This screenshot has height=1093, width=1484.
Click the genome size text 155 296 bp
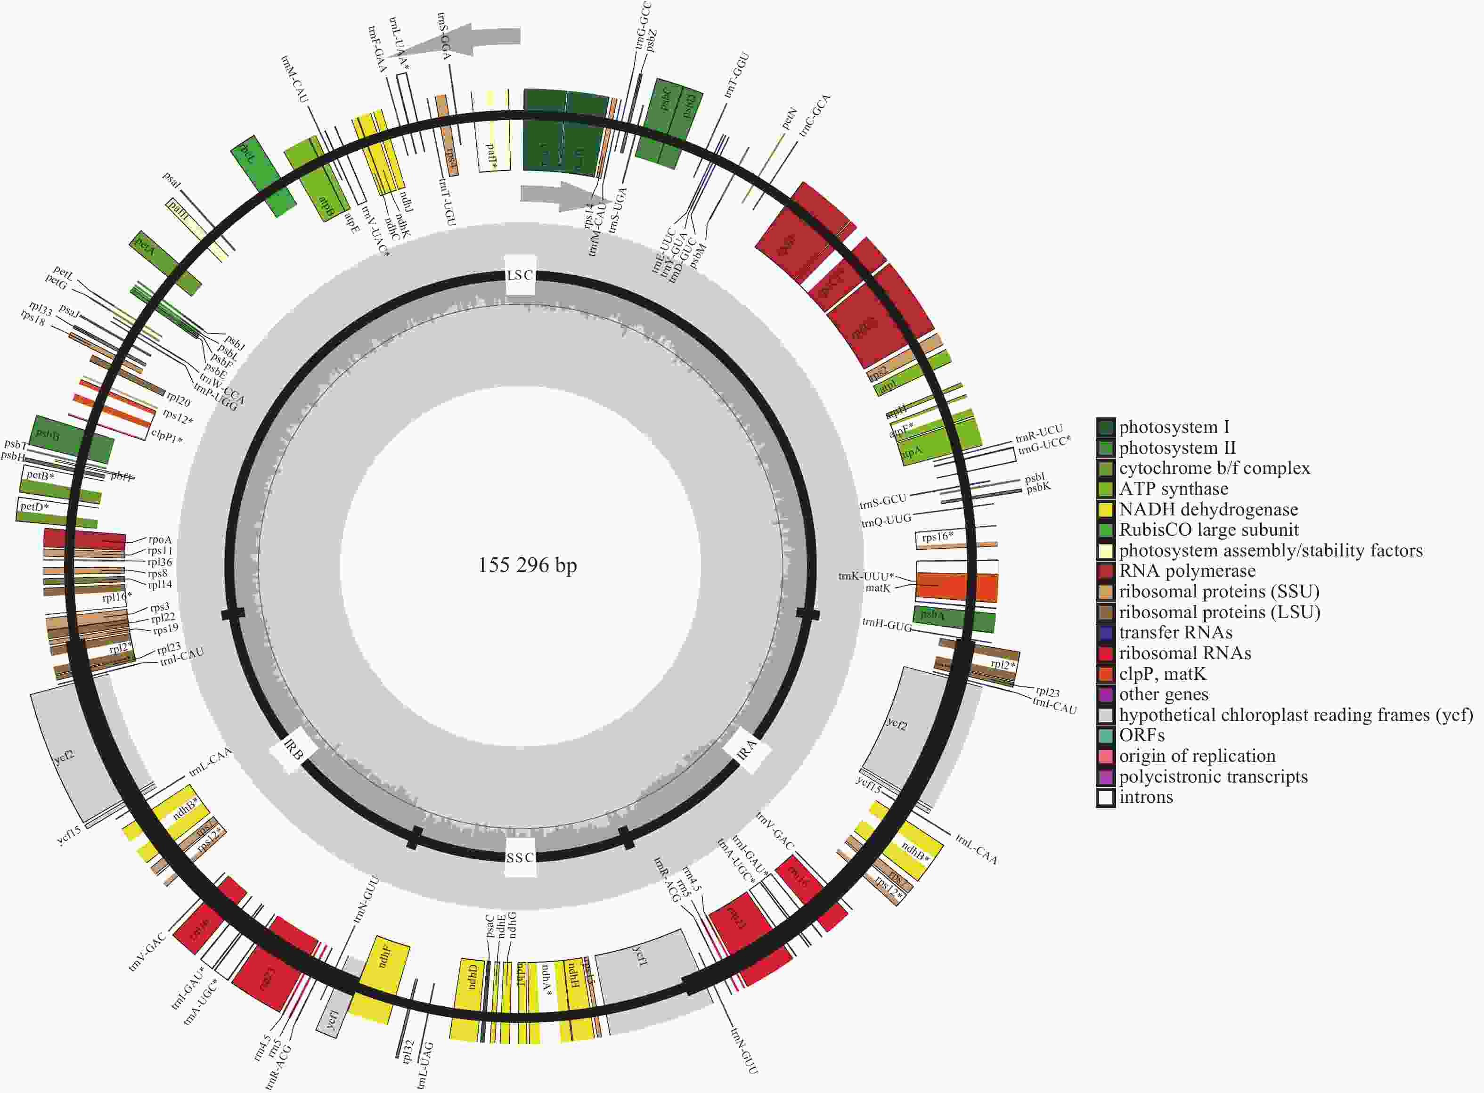[x=527, y=565]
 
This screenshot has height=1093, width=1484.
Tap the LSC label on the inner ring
[x=520, y=275]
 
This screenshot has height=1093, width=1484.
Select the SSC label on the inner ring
[x=520, y=857]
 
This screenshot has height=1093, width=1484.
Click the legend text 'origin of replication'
[x=1197, y=756]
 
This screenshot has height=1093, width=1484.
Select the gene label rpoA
[x=160, y=540]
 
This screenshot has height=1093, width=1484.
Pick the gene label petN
[x=789, y=119]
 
